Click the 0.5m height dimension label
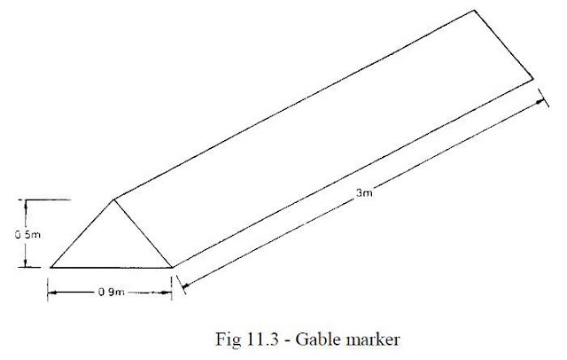(27, 235)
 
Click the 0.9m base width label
(112, 292)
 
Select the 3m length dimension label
(364, 192)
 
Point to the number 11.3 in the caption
(263, 340)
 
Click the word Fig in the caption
(229, 340)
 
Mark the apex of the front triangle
(114, 200)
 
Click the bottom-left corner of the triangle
(51, 268)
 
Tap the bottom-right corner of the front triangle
(172, 268)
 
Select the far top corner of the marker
(474, 10)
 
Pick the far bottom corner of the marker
(533, 79)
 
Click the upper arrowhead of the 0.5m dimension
(26, 203)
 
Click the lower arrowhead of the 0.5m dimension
(26, 263)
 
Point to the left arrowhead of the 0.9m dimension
(52, 293)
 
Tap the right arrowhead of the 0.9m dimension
(167, 293)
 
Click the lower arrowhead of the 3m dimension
(184, 286)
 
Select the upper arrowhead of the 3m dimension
(540, 102)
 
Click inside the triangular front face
(113, 245)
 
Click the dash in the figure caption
(287, 341)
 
